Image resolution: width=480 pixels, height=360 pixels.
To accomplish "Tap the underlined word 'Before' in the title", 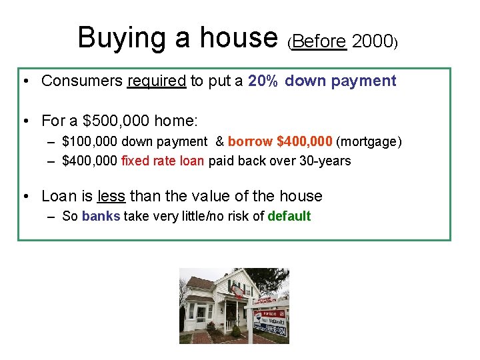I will pyautogui.click(x=319, y=41).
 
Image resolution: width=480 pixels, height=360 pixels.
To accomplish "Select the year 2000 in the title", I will pyautogui.click(x=373, y=41).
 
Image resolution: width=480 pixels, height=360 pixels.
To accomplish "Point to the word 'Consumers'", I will pyautogui.click(x=81, y=81).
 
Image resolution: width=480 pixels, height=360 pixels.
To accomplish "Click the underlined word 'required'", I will pyautogui.click(x=156, y=81).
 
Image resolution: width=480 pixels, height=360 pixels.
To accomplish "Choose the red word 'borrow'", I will pyautogui.click(x=250, y=141).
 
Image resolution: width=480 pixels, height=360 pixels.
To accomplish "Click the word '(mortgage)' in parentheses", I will pyautogui.click(x=369, y=141).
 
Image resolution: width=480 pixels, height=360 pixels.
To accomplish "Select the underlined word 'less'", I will pyautogui.click(x=111, y=196).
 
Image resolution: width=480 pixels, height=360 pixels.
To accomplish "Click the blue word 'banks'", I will pyautogui.click(x=101, y=216).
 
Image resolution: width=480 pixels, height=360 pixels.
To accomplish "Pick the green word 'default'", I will pyautogui.click(x=289, y=216).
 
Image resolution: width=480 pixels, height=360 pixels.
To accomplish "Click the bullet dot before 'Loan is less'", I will pyautogui.click(x=25, y=196).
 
